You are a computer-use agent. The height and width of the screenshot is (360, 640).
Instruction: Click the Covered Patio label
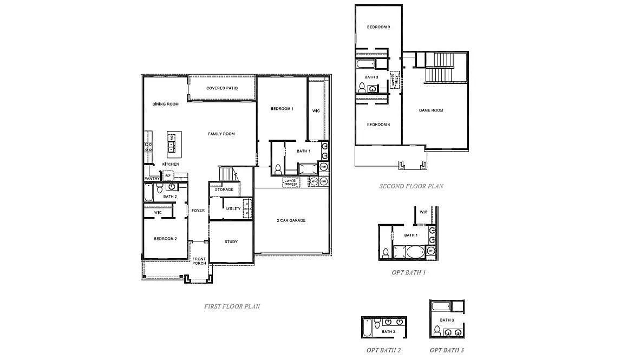coord(222,88)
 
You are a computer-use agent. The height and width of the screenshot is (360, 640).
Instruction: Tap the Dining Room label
coord(165,104)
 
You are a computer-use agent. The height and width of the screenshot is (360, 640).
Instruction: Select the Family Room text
coord(221,134)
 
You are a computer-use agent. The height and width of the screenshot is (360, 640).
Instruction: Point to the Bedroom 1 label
coord(282,109)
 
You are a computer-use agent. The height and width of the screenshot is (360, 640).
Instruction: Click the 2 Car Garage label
coord(291,220)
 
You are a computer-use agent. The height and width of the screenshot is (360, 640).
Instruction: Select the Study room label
coord(231,242)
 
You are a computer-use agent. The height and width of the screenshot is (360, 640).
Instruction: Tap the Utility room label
coord(233,208)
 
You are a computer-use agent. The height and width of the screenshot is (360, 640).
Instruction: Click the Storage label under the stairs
coord(224,189)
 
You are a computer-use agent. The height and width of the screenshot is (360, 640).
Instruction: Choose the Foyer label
coord(198,211)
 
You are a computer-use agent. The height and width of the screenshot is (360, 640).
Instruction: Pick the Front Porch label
coord(199,261)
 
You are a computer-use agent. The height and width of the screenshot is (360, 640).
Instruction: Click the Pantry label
coord(152,179)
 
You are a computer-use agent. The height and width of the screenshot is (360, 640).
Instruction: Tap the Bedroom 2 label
coord(165,239)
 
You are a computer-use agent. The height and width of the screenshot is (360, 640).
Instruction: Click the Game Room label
coord(431,110)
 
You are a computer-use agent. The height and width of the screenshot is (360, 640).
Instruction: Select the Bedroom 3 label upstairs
coord(378,27)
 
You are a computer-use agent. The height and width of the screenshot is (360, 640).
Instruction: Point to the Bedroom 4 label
coord(378,125)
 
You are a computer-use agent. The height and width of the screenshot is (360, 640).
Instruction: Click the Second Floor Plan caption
coord(411,186)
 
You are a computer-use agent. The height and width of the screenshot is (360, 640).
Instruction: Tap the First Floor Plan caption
coord(232,306)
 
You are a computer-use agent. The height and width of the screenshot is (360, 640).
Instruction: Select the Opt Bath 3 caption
coord(447,350)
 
